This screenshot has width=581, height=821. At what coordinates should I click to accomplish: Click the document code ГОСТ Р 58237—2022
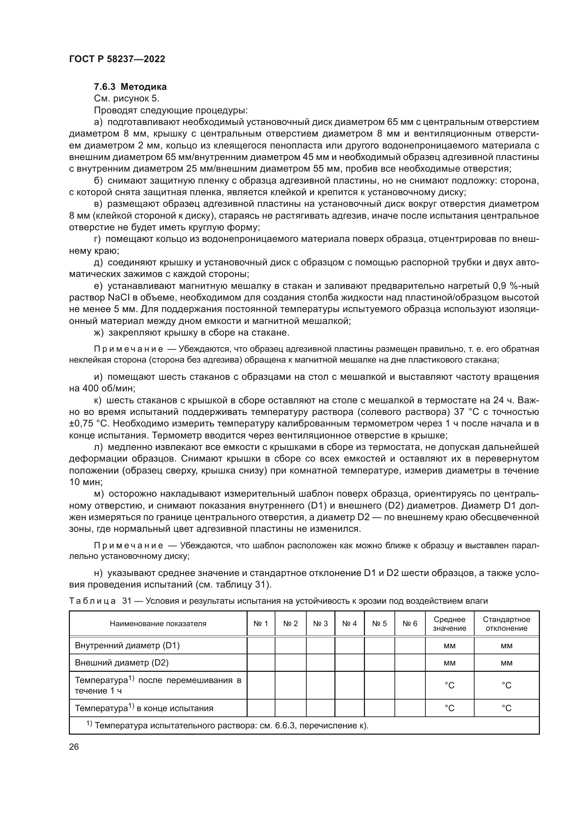(x=117, y=59)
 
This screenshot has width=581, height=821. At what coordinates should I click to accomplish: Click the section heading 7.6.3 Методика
(x=130, y=87)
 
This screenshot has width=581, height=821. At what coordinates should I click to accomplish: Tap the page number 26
(x=74, y=747)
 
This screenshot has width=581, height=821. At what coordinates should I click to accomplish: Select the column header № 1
(x=260, y=624)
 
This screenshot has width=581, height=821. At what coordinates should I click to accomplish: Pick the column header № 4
(x=349, y=624)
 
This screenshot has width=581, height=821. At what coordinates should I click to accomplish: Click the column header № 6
(x=410, y=624)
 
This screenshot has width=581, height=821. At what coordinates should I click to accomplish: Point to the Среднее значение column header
(x=449, y=624)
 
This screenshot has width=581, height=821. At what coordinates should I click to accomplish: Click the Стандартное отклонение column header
(x=506, y=624)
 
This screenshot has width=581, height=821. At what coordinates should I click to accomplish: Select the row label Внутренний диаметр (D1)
(x=127, y=645)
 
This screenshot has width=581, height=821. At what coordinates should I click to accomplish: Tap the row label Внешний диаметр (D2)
(x=122, y=663)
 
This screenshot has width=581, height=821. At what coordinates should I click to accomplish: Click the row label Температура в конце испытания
(x=144, y=708)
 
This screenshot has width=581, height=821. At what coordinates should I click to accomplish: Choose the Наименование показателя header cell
(x=158, y=624)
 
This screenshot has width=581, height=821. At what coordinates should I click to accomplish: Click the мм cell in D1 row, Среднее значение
(x=449, y=646)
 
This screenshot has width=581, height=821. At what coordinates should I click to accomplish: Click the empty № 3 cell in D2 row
(x=320, y=663)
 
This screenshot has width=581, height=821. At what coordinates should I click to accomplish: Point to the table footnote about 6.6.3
(x=227, y=726)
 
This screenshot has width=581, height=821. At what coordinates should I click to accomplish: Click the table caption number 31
(x=127, y=601)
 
